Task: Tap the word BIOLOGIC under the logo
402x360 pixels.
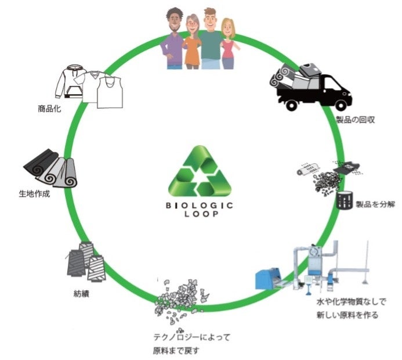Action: pyautogui.click(x=200, y=204)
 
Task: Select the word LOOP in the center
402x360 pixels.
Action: pyautogui.click(x=200, y=215)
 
